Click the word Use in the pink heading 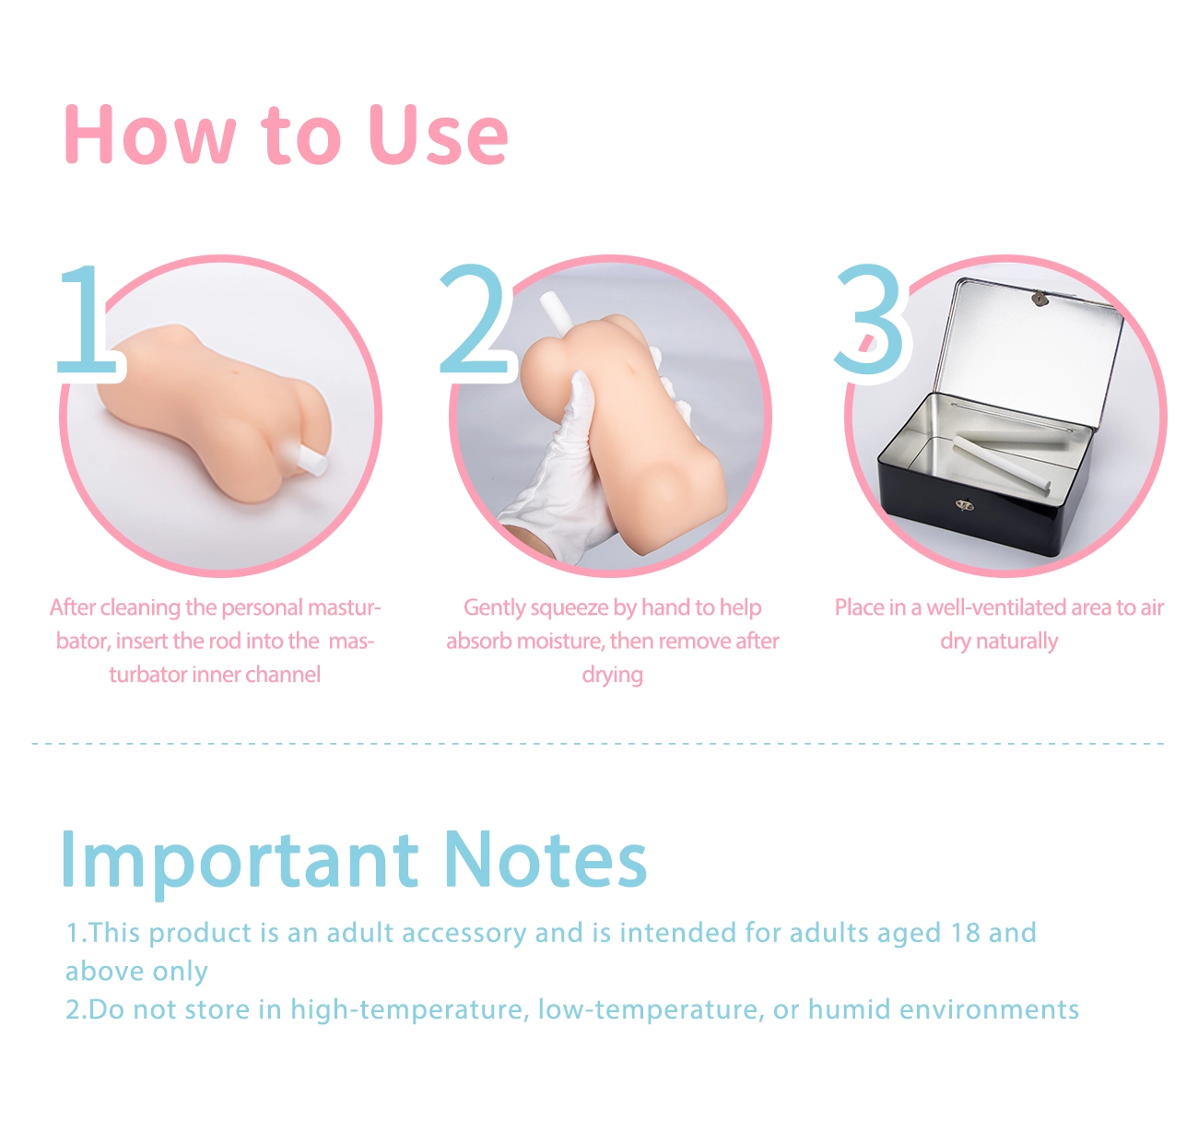click(439, 136)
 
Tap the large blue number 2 click(475, 319)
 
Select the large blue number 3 click(869, 319)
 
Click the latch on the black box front click(963, 504)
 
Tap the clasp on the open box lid click(1039, 298)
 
